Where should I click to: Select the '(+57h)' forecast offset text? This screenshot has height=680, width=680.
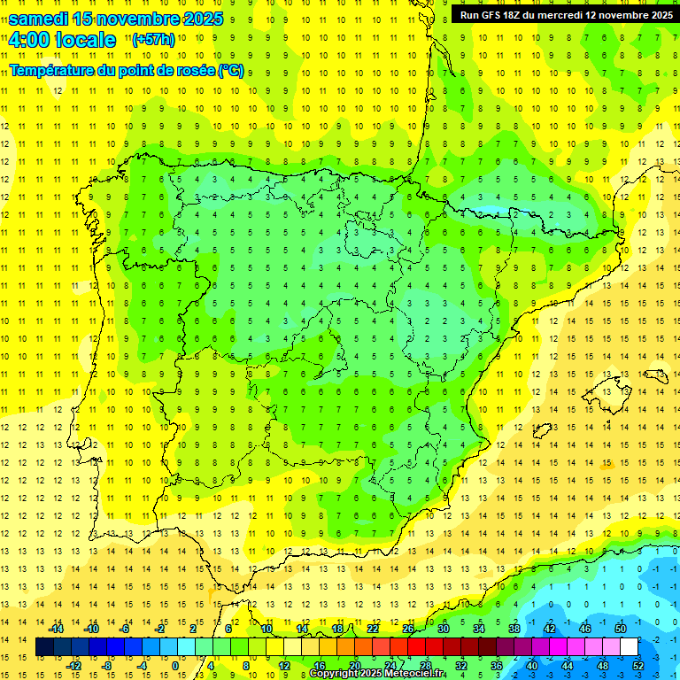(153, 39)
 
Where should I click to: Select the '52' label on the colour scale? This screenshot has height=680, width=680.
(638, 666)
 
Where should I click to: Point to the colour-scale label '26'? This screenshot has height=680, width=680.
(408, 629)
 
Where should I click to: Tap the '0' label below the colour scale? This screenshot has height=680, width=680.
(176, 666)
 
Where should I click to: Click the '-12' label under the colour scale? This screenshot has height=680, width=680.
(74, 666)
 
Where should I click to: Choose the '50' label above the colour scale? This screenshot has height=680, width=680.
(620, 629)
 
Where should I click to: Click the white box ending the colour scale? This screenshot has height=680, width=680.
(629, 647)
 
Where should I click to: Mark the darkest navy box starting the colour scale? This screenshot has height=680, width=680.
(44, 647)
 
